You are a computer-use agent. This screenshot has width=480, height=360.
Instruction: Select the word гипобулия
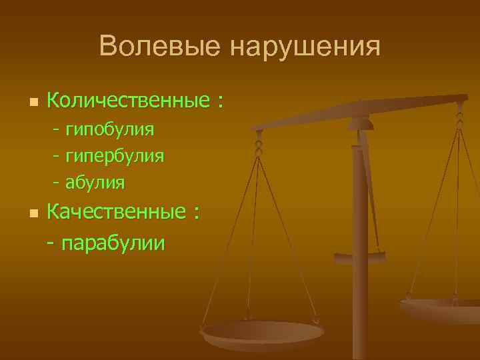110,128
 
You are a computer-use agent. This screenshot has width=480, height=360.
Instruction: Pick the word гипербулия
115,155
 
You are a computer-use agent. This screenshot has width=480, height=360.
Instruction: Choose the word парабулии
113,243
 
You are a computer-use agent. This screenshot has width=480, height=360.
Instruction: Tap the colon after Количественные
219,103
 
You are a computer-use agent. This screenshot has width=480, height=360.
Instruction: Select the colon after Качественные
196,214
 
